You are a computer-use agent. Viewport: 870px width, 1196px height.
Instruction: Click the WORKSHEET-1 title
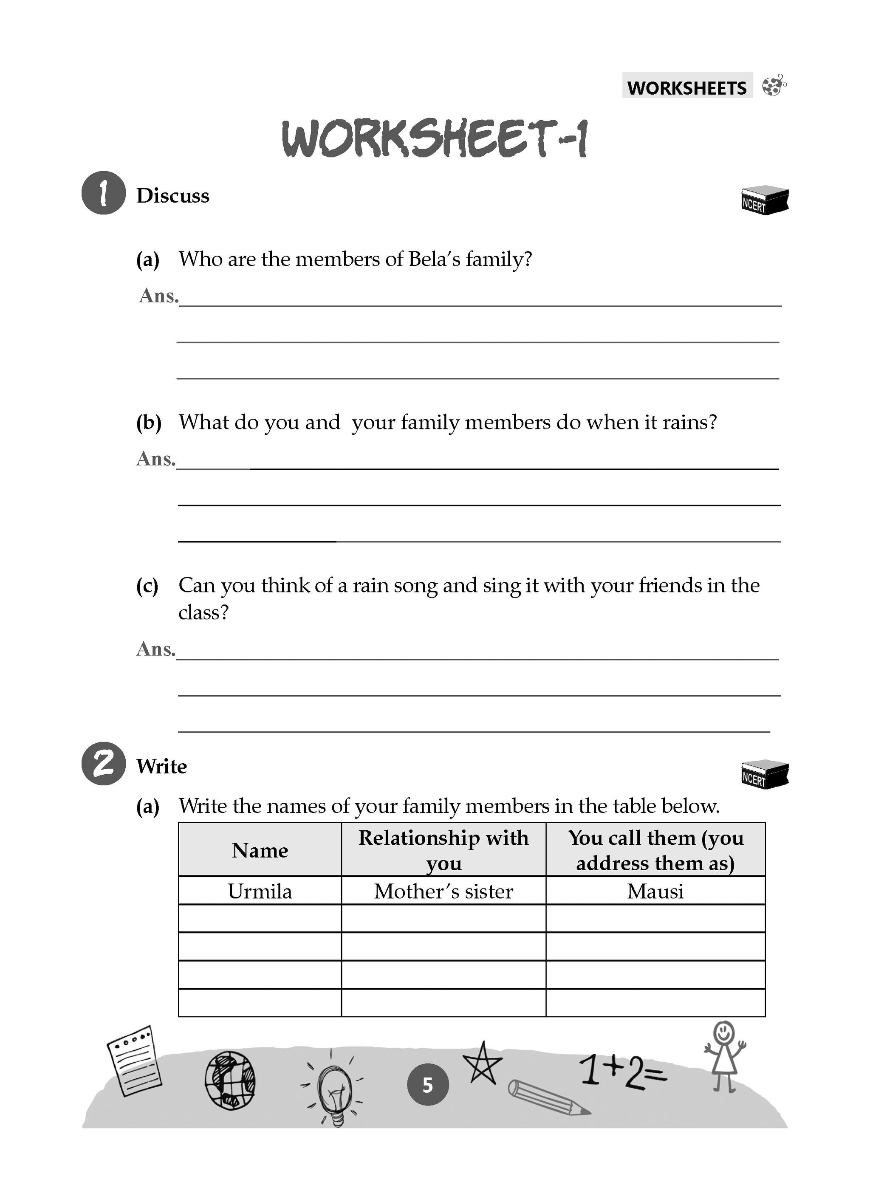[434, 139]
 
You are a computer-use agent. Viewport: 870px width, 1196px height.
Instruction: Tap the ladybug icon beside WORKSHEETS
[774, 85]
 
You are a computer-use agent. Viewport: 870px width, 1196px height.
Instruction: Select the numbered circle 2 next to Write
[103, 764]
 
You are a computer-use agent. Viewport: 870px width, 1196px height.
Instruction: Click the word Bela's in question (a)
[434, 259]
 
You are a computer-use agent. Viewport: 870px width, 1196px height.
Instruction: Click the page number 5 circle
[428, 1085]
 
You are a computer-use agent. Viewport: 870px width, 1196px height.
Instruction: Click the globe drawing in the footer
[229, 1081]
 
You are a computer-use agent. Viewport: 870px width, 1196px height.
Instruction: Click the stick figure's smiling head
[723, 1032]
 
